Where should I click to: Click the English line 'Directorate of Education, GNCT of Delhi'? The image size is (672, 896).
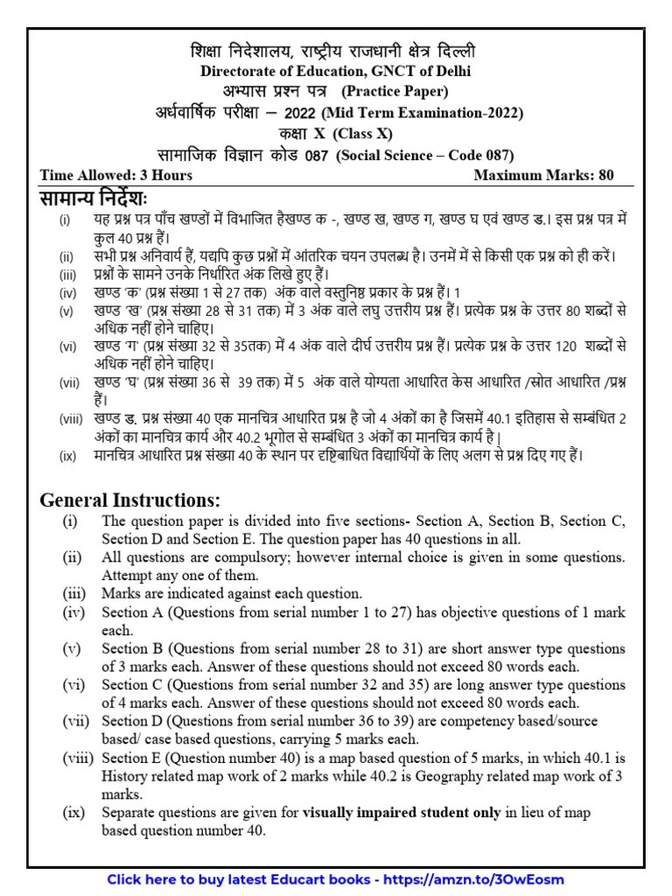pyautogui.click(x=336, y=71)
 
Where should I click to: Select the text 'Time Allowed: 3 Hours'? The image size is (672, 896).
pyautogui.click(x=116, y=175)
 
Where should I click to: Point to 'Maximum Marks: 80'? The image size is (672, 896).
pyautogui.click(x=543, y=175)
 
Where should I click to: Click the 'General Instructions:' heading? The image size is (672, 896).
pyautogui.click(x=130, y=500)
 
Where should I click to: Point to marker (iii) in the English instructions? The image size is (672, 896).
pyautogui.click(x=74, y=593)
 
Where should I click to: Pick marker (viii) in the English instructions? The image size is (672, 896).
pyautogui.click(x=77, y=758)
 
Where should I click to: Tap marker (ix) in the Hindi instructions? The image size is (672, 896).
pyautogui.click(x=67, y=456)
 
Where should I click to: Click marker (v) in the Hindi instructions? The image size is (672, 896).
pyautogui.click(x=66, y=311)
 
